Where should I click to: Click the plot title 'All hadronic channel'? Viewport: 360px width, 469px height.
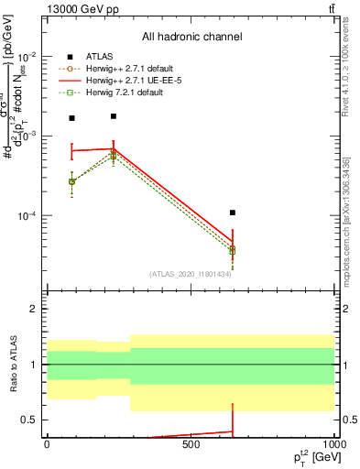[x=191, y=37]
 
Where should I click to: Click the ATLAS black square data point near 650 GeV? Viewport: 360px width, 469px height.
[x=233, y=213]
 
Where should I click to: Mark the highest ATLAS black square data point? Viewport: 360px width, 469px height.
[x=113, y=116]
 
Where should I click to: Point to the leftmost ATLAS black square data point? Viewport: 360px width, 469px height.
[x=72, y=118]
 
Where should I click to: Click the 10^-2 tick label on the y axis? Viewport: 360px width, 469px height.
[x=27, y=56]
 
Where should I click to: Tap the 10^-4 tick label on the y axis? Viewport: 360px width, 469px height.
[x=27, y=216]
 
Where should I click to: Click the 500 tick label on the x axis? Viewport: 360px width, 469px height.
[x=191, y=443]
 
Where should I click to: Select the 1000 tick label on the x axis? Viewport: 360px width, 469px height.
[x=331, y=443]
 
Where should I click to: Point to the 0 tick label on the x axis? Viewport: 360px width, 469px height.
[x=47, y=443]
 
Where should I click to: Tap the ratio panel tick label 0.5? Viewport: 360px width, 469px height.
[x=30, y=420]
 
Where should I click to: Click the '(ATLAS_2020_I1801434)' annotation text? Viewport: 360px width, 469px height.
[x=190, y=274]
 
